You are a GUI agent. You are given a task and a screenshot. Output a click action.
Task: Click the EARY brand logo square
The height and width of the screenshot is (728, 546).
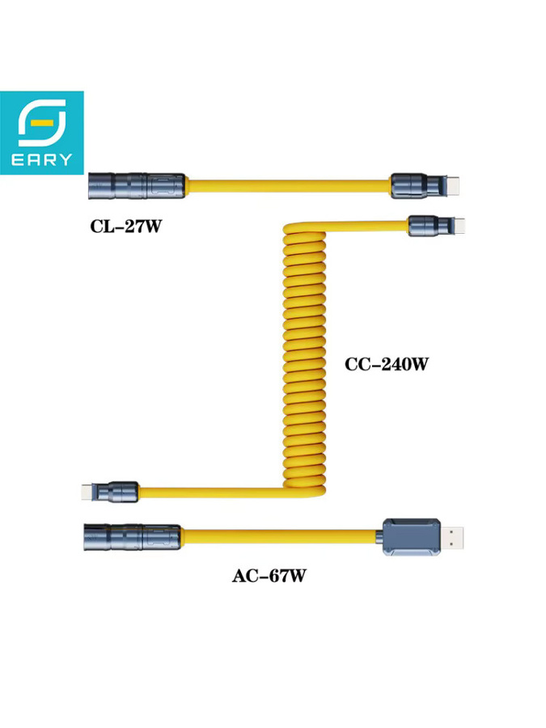point(42,133)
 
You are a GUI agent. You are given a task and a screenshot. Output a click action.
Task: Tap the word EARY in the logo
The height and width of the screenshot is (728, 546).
point(42,159)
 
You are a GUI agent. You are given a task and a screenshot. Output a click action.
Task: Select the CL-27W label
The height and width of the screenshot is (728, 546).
point(126,226)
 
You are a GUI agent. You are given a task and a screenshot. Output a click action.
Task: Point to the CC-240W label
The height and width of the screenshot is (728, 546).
point(387,364)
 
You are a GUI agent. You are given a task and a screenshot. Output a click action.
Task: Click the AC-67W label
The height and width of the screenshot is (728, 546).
point(269,576)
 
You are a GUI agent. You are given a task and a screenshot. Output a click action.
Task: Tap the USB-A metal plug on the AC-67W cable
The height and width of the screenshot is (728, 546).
point(451,537)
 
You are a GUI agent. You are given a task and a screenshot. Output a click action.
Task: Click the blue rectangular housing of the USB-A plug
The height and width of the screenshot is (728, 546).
point(412,537)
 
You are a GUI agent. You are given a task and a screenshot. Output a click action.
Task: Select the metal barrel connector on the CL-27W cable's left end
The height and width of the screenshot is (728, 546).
point(137,186)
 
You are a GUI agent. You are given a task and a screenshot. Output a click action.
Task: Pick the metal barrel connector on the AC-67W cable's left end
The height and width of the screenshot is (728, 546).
point(132,537)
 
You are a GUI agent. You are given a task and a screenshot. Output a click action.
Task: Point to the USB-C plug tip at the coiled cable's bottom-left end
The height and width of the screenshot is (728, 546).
point(87,493)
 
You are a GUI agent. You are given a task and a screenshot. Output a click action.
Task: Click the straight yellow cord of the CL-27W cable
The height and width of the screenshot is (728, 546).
point(288,186)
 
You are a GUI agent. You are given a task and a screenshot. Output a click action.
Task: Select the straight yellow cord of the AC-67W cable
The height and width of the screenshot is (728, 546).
point(281,536)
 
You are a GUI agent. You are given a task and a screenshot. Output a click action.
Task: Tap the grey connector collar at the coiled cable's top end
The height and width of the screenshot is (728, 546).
point(426,226)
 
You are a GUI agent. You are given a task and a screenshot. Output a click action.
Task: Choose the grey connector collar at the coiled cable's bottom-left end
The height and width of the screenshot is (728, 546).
point(116,493)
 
